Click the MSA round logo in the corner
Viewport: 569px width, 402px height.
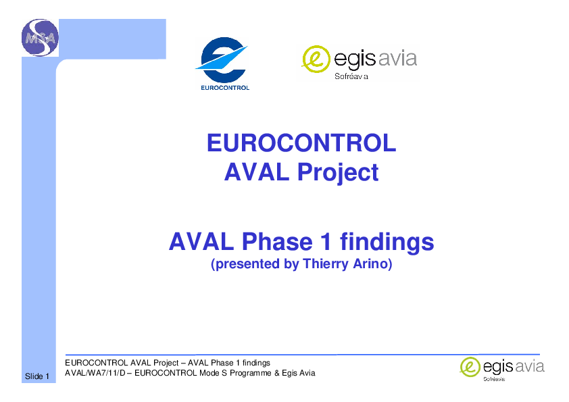(x=40, y=38)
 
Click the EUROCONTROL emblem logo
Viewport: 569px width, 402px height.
(x=222, y=63)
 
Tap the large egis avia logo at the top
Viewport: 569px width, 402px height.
(x=359, y=62)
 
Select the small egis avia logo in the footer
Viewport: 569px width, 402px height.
(x=502, y=369)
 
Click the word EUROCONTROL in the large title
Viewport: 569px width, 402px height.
(x=301, y=143)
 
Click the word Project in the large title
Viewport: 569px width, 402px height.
(x=338, y=172)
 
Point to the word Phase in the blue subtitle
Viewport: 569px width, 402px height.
(x=277, y=242)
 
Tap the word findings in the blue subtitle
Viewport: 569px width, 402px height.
(x=387, y=242)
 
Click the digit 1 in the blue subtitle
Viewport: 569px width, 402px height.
(x=326, y=242)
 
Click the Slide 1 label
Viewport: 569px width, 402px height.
(x=37, y=376)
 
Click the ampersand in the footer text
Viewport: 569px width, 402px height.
(x=277, y=373)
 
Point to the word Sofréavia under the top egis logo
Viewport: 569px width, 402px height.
(x=351, y=76)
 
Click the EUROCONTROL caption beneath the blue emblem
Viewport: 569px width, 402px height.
(x=225, y=87)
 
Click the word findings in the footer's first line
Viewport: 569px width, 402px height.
(x=256, y=363)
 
